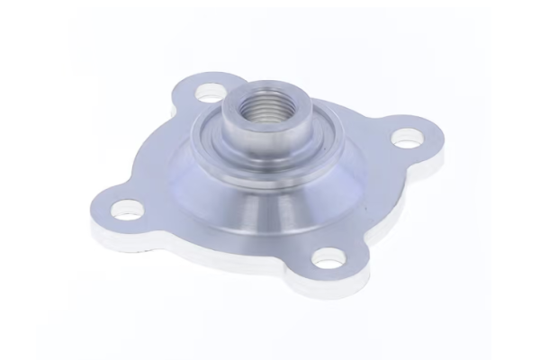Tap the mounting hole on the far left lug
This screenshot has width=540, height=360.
tap(128, 211)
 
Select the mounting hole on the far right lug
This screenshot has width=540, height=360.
tap(407, 139)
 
